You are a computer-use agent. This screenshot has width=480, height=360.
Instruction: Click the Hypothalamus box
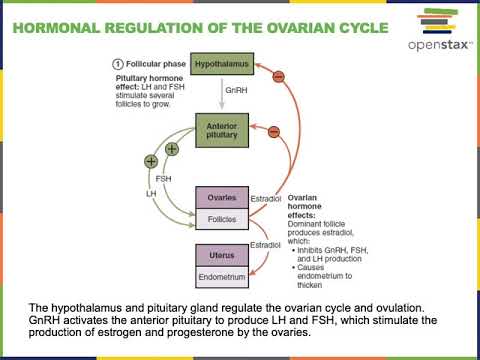click(220, 61)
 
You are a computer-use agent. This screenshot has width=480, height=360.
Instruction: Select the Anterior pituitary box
click(220, 131)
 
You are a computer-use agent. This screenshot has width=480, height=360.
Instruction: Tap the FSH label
click(163, 181)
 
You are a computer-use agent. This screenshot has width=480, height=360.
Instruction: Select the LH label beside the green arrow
click(151, 192)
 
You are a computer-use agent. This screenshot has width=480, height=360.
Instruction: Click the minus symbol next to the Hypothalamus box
click(278, 77)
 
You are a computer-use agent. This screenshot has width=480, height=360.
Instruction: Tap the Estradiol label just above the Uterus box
click(265, 244)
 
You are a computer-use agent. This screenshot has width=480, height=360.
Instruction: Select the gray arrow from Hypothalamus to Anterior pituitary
click(220, 92)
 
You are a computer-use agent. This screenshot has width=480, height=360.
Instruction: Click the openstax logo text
click(427, 46)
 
